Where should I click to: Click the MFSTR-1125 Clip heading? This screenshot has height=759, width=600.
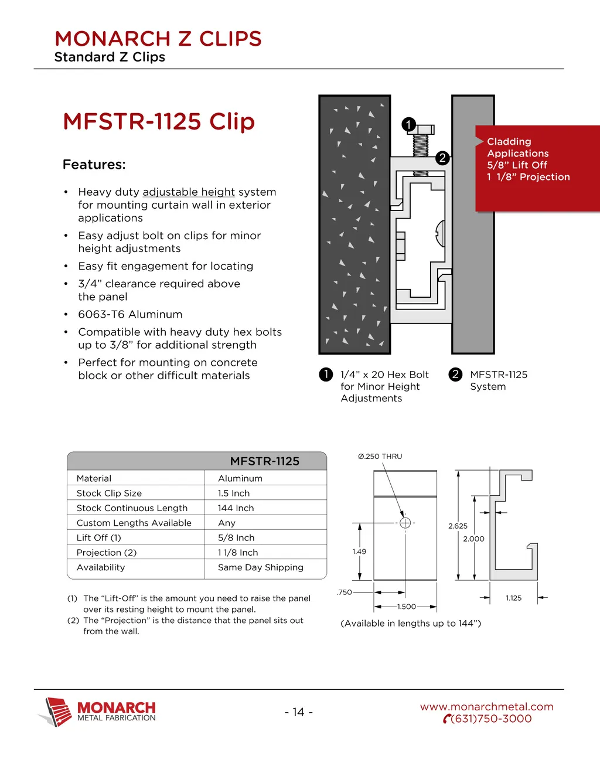pyautogui.click(x=159, y=122)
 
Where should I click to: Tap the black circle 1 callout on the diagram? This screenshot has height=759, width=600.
pyautogui.click(x=408, y=124)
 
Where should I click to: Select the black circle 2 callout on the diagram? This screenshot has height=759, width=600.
pyautogui.click(x=442, y=158)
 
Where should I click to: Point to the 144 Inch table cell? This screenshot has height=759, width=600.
pyautogui.click(x=236, y=508)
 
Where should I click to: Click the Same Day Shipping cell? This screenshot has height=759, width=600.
pyautogui.click(x=261, y=567)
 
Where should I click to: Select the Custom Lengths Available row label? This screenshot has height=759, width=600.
pyautogui.click(x=134, y=523)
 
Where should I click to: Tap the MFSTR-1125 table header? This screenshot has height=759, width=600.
pyautogui.click(x=264, y=461)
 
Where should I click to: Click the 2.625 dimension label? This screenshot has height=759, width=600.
pyautogui.click(x=458, y=526)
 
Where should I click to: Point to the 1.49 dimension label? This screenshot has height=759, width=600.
pyautogui.click(x=359, y=552)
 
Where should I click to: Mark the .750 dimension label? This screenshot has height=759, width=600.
pyautogui.click(x=345, y=592)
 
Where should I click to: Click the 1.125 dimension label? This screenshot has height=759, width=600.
pyautogui.click(x=514, y=598)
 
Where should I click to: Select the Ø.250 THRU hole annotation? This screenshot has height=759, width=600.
pyautogui.click(x=380, y=457)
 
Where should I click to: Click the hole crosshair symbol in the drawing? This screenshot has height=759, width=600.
pyautogui.click(x=405, y=522)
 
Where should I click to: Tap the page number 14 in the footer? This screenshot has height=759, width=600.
pyautogui.click(x=299, y=712)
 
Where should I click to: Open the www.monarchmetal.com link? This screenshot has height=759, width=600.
pyautogui.click(x=486, y=707)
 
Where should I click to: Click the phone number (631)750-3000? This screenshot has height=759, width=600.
pyautogui.click(x=491, y=719)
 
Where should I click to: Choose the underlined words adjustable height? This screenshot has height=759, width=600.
pyautogui.click(x=189, y=192)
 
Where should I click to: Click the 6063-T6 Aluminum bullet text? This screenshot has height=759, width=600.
pyautogui.click(x=130, y=315)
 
